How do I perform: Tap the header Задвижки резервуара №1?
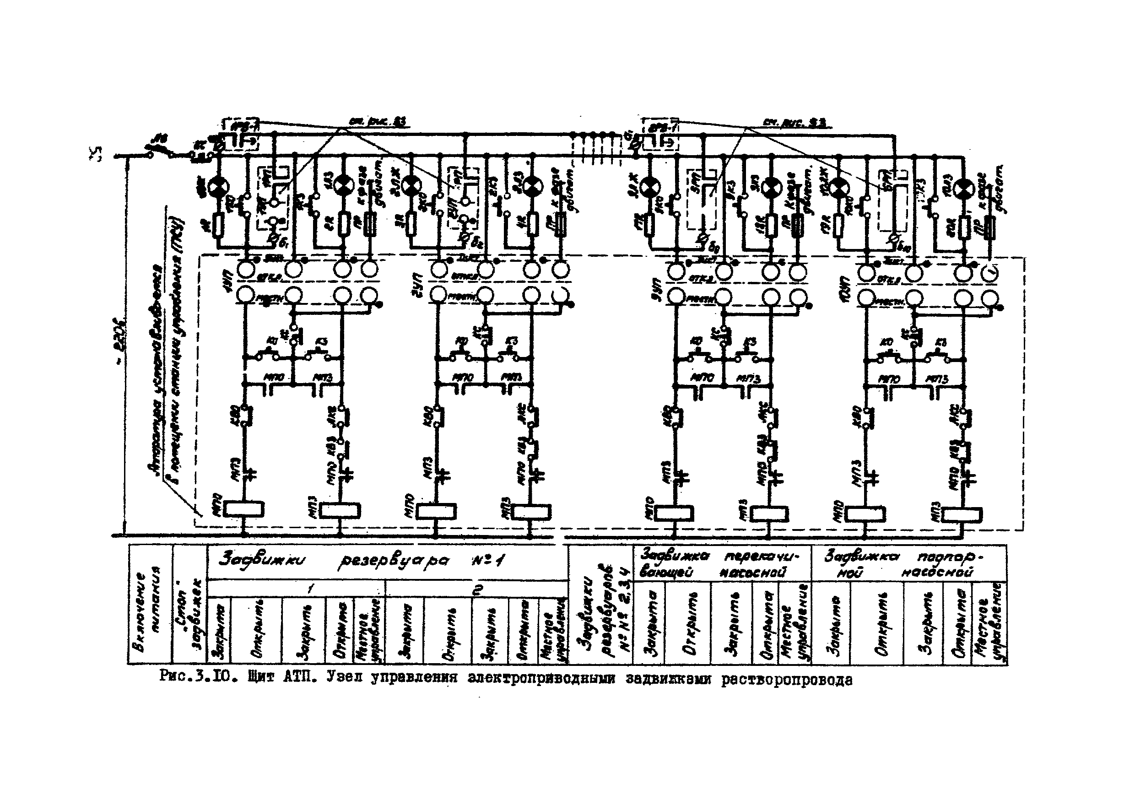coord(362,562)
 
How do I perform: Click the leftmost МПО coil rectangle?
coord(243,509)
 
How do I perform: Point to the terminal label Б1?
coord(283,243)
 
